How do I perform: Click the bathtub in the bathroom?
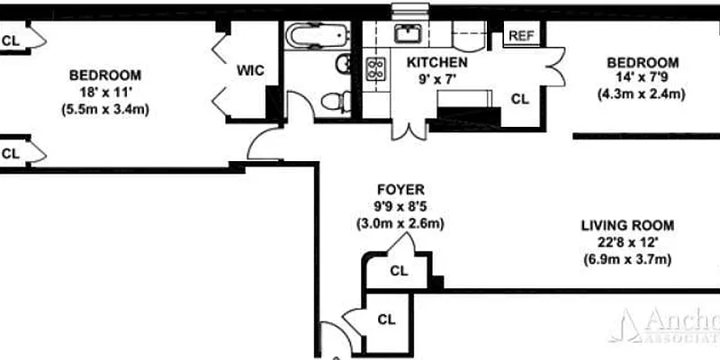click(316, 36)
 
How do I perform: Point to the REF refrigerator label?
click(521, 36)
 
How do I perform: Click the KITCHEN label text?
click(436, 62)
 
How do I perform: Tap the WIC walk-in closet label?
click(250, 71)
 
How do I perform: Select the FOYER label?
click(401, 190)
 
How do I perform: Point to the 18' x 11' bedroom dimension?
click(105, 93)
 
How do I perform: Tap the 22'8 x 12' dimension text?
click(627, 243)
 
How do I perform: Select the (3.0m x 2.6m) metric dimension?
click(401, 223)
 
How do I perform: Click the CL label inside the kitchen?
click(519, 99)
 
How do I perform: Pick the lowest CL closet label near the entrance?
click(386, 319)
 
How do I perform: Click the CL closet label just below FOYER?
click(400, 270)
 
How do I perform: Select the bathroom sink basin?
click(344, 64)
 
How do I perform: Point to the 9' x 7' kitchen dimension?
click(436, 79)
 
